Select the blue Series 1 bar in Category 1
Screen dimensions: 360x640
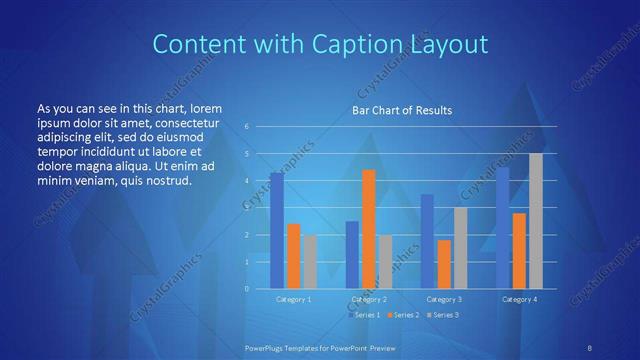tap(277, 230)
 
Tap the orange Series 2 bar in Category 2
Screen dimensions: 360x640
tap(368, 229)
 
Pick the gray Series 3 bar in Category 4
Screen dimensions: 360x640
tap(536, 220)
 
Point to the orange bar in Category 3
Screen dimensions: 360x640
tap(444, 264)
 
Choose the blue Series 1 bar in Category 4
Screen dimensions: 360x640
tap(502, 227)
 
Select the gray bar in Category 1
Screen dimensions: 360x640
tap(310, 261)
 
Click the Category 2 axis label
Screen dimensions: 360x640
tap(369, 299)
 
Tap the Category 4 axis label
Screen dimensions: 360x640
tap(519, 299)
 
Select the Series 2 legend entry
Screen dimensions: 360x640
tap(403, 315)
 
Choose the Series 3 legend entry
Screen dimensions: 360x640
tap(443, 315)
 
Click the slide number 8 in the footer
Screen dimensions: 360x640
tap(589, 346)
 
